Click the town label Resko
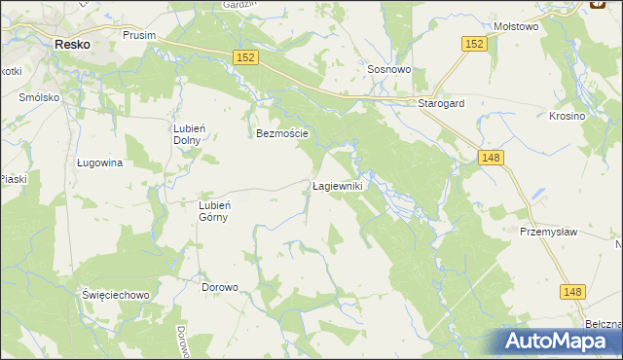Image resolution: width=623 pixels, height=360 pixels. pyautogui.click(x=72, y=44)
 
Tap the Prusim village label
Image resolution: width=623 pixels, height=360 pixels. pyautogui.click(x=140, y=35)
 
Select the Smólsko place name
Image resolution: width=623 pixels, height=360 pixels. pyautogui.click(x=39, y=98)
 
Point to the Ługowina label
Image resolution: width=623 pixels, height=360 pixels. pyautogui.click(x=99, y=163)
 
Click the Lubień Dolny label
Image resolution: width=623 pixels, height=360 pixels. pyautogui.click(x=187, y=134)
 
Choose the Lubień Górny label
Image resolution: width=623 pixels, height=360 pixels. pyautogui.click(x=213, y=211)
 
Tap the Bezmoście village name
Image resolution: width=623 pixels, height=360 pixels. pyautogui.click(x=282, y=133)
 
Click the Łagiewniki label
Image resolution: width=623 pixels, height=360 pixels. pyautogui.click(x=337, y=185)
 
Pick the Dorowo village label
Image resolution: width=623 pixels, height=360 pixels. pyautogui.click(x=219, y=288)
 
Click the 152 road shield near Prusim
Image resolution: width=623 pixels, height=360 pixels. pyautogui.click(x=245, y=59)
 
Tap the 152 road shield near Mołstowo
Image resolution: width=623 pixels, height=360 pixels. pyautogui.click(x=474, y=45)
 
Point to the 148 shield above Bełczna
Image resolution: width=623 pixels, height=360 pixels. pyautogui.click(x=574, y=291)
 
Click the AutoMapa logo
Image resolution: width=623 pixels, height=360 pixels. pyautogui.click(x=560, y=342)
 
